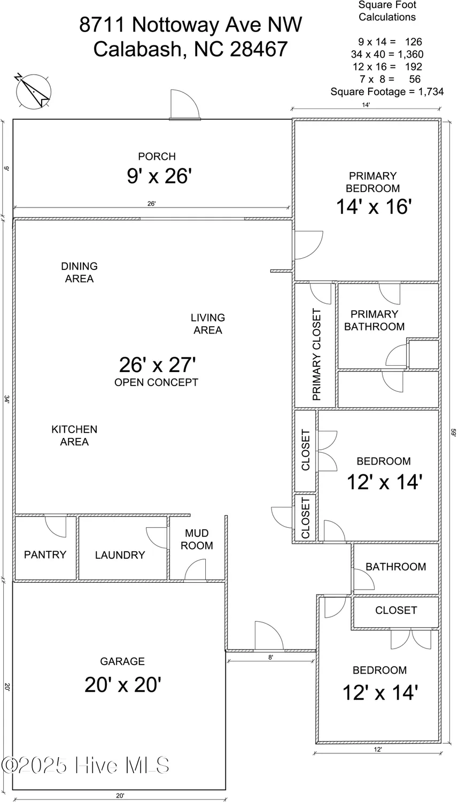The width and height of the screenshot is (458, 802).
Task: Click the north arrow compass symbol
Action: pyautogui.click(x=33, y=91)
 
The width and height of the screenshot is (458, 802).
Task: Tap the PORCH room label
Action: pyautogui.click(x=157, y=157)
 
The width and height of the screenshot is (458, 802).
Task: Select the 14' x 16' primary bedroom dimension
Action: pyautogui.click(x=373, y=206)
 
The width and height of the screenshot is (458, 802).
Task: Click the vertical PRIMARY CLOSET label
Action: pyautogui.click(x=316, y=354)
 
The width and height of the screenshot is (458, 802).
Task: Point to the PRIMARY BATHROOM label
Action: pyautogui.click(x=374, y=320)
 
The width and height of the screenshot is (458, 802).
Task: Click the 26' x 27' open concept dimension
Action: pyautogui.click(x=157, y=365)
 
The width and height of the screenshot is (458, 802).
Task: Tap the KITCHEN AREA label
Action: pyautogui.click(x=74, y=435)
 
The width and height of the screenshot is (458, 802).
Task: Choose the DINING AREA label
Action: pyautogui.click(x=79, y=272)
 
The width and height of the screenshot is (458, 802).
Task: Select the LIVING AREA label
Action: pyautogui.click(x=207, y=324)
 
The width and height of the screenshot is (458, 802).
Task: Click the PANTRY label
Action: pyautogui.click(x=45, y=555)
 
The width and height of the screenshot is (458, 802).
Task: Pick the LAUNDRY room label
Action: pyautogui.click(x=120, y=555)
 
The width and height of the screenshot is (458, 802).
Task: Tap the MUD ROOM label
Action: pyautogui.click(x=197, y=539)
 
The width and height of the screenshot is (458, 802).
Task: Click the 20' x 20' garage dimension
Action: pyautogui.click(x=123, y=684)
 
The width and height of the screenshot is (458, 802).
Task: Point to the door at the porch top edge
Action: pyautogui.click(x=185, y=105)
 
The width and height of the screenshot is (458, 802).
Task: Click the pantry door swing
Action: pyautogui.click(x=55, y=526)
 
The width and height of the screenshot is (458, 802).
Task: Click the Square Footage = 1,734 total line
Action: pyautogui.click(x=387, y=91)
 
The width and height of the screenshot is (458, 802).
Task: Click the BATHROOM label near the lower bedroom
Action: pyautogui.click(x=395, y=567)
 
